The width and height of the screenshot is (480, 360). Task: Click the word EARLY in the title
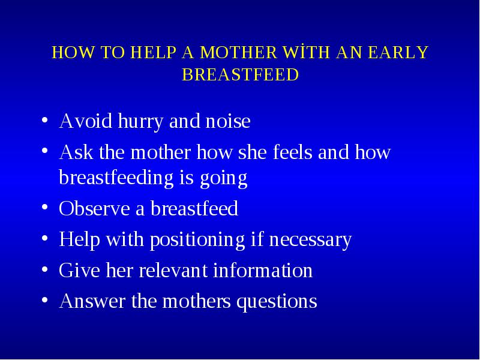[x=398, y=52]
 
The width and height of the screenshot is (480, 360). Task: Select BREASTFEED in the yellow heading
[x=241, y=74]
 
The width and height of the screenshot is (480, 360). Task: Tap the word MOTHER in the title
[x=238, y=52]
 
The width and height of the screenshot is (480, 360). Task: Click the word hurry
[x=140, y=122]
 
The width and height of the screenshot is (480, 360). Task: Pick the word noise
[x=228, y=121]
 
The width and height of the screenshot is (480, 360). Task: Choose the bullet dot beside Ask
[x=44, y=151]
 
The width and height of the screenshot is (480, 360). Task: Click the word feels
[x=292, y=152]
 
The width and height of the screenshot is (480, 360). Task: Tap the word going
[x=223, y=179]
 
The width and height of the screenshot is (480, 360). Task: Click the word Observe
[x=94, y=209]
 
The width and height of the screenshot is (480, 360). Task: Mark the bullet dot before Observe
[x=44, y=207]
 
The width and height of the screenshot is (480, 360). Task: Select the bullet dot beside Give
[x=44, y=269]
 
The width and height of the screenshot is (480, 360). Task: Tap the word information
[x=263, y=270]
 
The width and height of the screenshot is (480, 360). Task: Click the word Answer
[x=92, y=301]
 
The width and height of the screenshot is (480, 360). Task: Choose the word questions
[x=277, y=302]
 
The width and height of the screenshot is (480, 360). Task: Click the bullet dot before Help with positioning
[x=44, y=238]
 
